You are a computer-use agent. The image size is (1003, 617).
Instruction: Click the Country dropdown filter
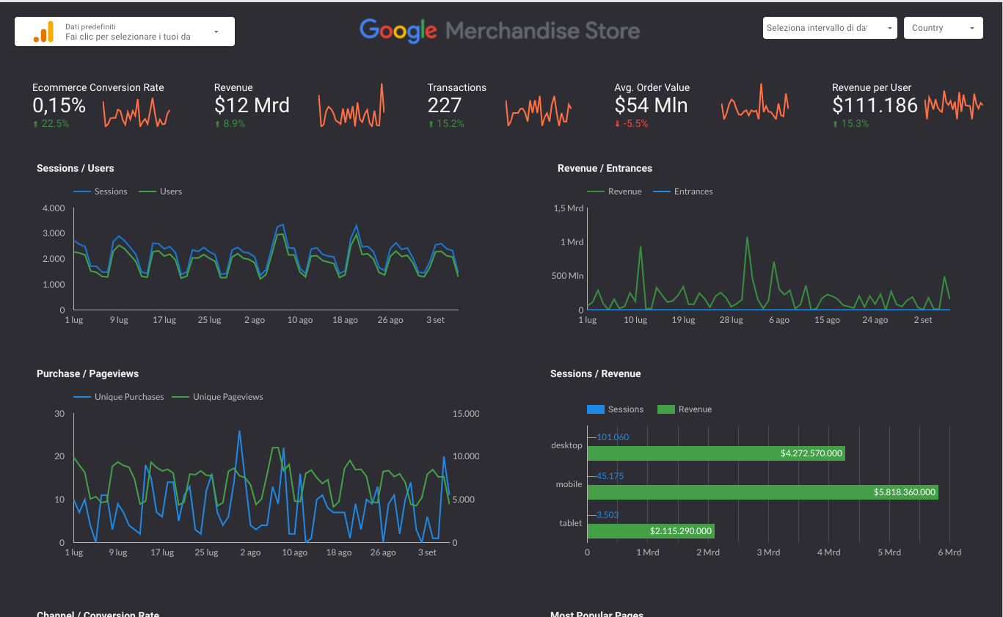tap(943, 28)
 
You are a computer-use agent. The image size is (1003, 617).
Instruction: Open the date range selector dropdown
tap(829, 28)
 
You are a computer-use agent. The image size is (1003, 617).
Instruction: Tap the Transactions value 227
tap(445, 106)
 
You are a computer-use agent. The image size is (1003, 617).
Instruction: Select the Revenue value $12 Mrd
tap(252, 106)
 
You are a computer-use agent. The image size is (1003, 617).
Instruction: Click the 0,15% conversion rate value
tap(59, 106)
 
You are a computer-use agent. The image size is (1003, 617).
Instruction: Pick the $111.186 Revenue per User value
tap(875, 106)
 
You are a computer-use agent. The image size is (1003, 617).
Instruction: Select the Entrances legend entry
tap(693, 191)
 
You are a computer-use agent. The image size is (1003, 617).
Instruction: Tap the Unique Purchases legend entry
tap(128, 397)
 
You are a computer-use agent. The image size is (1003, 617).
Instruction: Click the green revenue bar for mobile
tap(762, 492)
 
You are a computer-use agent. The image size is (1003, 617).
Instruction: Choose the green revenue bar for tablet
tap(650, 530)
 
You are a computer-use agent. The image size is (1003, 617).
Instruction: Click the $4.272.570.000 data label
tap(811, 453)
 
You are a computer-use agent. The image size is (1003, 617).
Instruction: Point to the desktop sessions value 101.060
tap(613, 437)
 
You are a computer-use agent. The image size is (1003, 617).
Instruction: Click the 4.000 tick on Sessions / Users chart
tap(54, 208)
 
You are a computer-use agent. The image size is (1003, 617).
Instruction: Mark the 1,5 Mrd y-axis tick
tap(569, 208)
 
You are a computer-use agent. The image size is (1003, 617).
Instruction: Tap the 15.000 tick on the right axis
tap(465, 414)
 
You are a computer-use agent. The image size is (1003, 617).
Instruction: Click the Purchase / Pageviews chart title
tap(87, 374)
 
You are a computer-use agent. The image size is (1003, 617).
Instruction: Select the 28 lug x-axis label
tap(732, 320)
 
